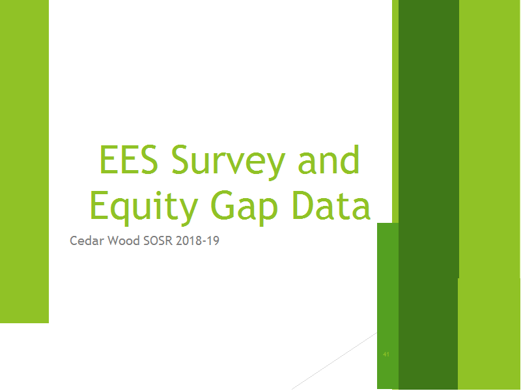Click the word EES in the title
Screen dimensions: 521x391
coord(128,159)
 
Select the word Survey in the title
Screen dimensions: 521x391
coord(229,162)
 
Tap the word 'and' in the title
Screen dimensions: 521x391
coord(329,159)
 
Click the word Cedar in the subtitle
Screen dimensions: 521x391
coord(87,240)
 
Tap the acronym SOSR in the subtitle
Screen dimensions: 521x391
coord(158,240)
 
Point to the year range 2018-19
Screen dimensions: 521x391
coord(198,240)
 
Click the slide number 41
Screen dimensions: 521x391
coord(386,355)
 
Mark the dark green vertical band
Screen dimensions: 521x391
coord(429,194)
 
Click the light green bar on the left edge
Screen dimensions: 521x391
coord(24,161)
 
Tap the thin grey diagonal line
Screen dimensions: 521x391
coord(334,361)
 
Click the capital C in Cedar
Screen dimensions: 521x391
coord(74,240)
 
